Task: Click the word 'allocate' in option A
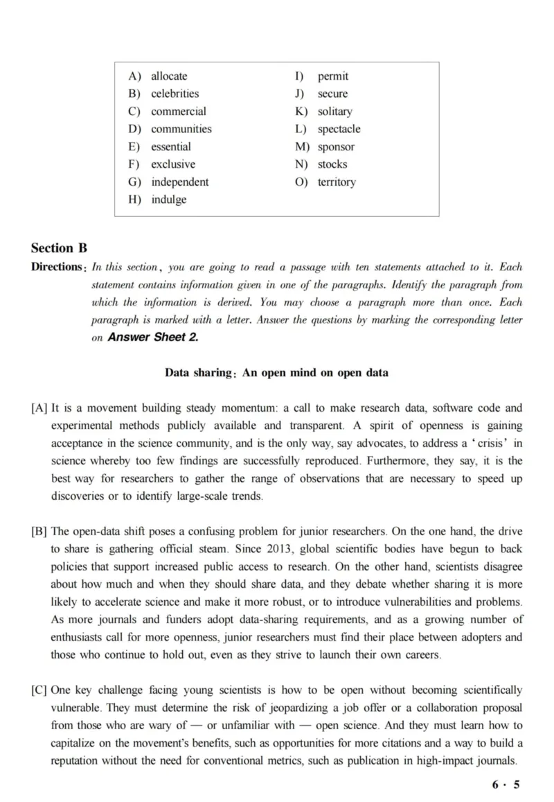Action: tap(169, 76)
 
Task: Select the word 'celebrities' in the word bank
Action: tap(175, 94)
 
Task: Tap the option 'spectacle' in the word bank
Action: tap(339, 129)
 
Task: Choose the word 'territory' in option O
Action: tap(337, 182)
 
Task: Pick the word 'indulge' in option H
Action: tap(168, 200)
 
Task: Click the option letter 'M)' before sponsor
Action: tap(301, 147)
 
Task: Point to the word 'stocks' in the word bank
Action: tap(332, 164)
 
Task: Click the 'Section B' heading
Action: tap(59, 248)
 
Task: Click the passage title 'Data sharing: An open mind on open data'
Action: tap(276, 373)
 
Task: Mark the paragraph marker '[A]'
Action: tap(39, 408)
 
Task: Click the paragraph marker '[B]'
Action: tap(39, 532)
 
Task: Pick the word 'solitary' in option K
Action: tap(334, 112)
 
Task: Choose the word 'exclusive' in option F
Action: tap(173, 164)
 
